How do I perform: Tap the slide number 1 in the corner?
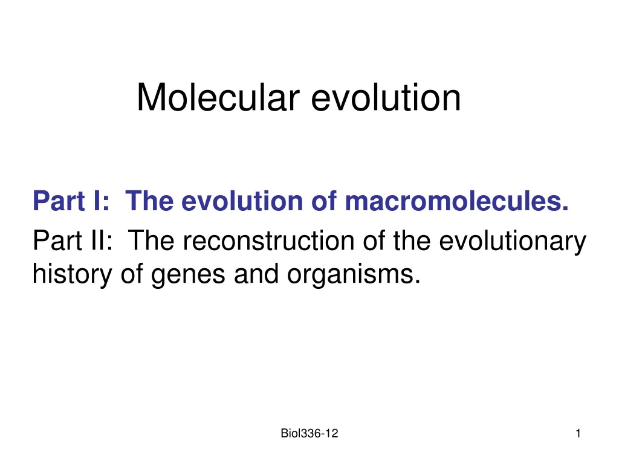point(578,433)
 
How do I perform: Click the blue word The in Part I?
point(149,200)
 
